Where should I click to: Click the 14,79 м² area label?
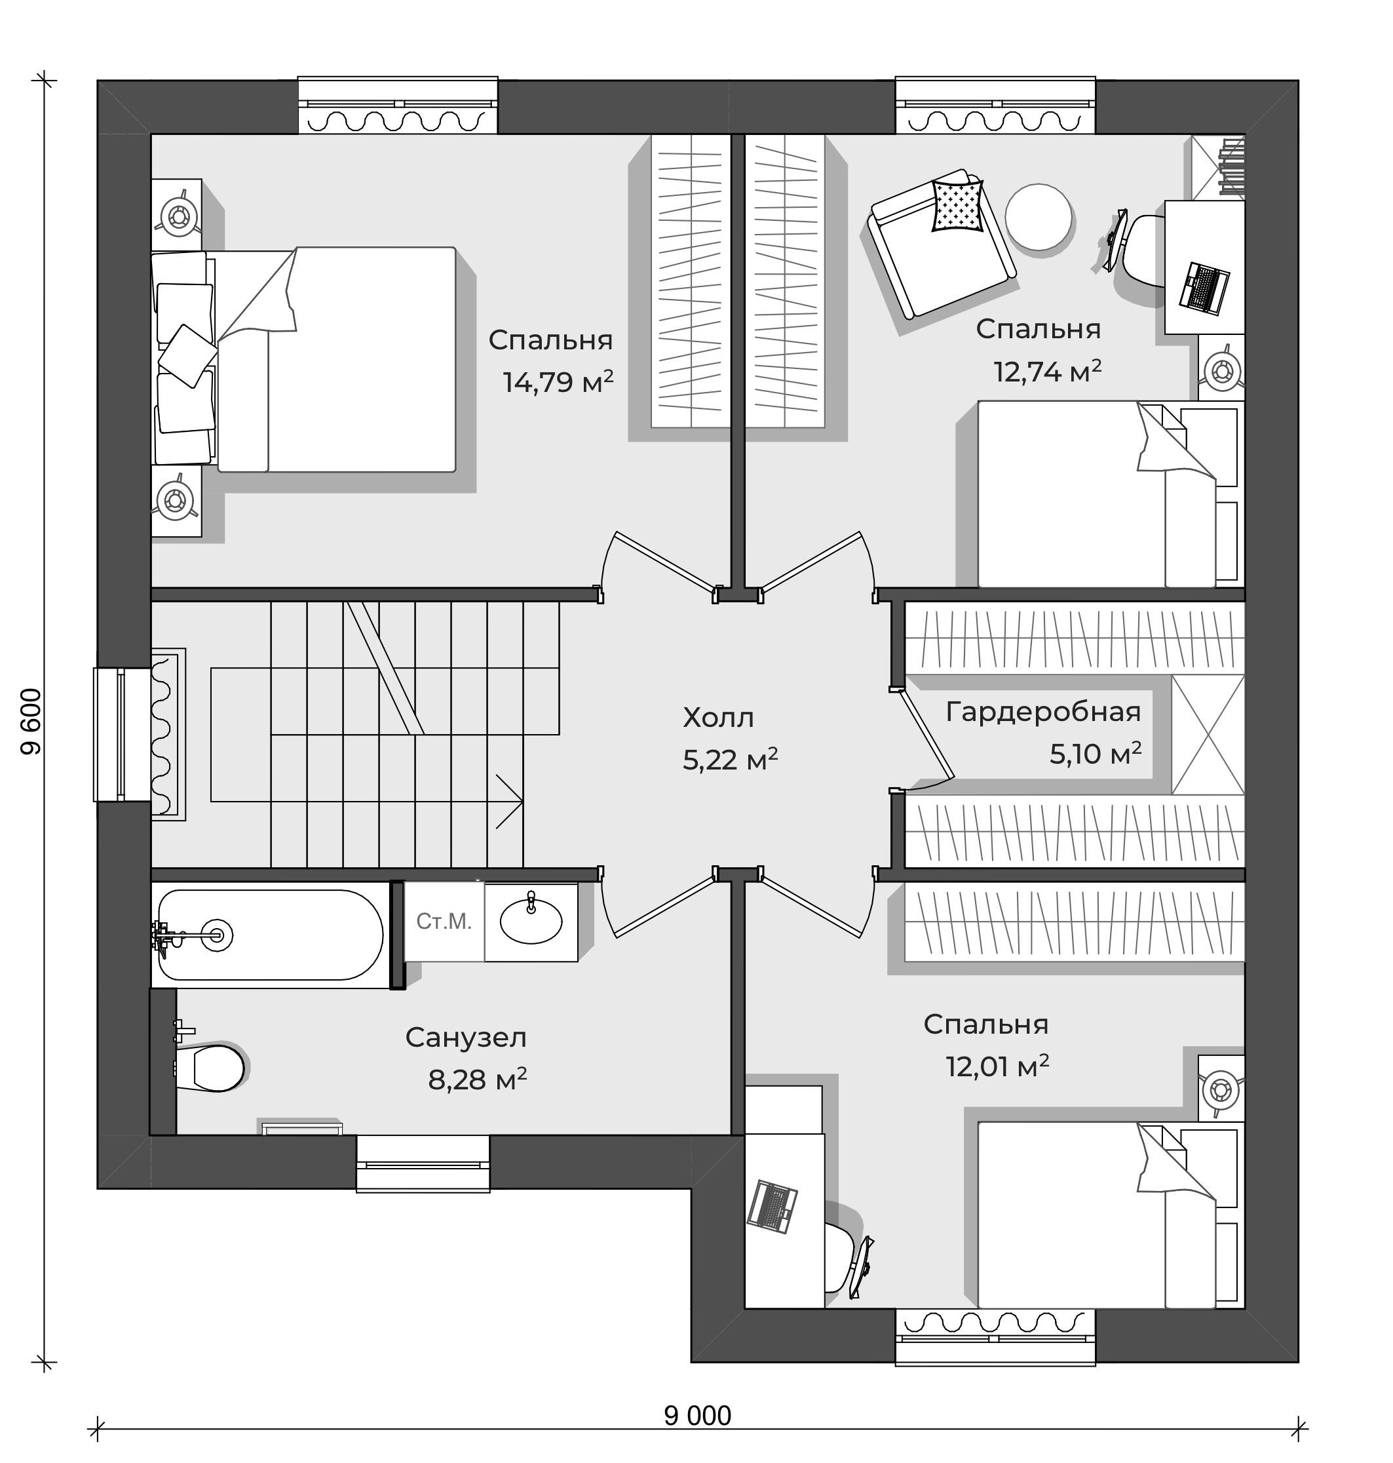(x=558, y=381)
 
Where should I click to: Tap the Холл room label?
(x=718, y=718)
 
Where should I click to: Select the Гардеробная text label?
(x=1043, y=712)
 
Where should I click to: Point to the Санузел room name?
(x=466, y=1038)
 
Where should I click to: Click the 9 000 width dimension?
(x=697, y=1416)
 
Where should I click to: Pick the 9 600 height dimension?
(x=31, y=722)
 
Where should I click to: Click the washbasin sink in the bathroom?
(x=531, y=921)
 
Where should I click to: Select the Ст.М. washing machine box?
(x=444, y=922)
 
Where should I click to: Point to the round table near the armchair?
(x=1038, y=217)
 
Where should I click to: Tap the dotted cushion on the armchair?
(x=958, y=205)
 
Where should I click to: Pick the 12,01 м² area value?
(x=997, y=1066)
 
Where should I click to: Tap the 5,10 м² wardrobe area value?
(x=1096, y=754)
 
